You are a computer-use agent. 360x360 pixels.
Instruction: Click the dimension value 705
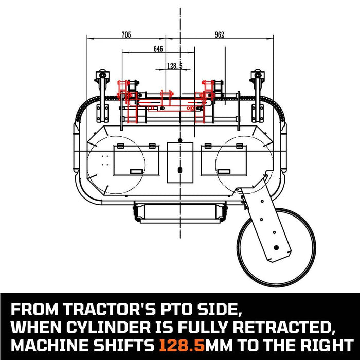[126, 35]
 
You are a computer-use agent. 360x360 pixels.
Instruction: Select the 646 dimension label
[158, 49]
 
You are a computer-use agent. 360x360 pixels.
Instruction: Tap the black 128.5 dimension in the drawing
[175, 65]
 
